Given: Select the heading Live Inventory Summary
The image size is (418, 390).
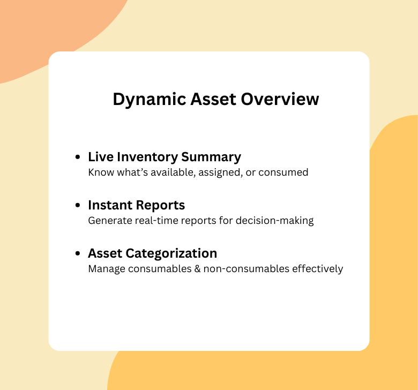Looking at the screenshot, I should (x=164, y=157).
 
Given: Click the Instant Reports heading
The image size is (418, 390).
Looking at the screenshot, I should (x=136, y=205).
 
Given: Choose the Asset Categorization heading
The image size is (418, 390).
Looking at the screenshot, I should (x=152, y=253).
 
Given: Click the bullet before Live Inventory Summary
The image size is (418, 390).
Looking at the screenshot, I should (x=78, y=157).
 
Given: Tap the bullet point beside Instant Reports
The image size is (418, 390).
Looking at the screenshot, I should (x=78, y=206).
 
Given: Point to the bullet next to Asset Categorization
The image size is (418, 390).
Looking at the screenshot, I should (x=78, y=254).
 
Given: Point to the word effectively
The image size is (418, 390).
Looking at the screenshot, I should (x=317, y=269).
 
